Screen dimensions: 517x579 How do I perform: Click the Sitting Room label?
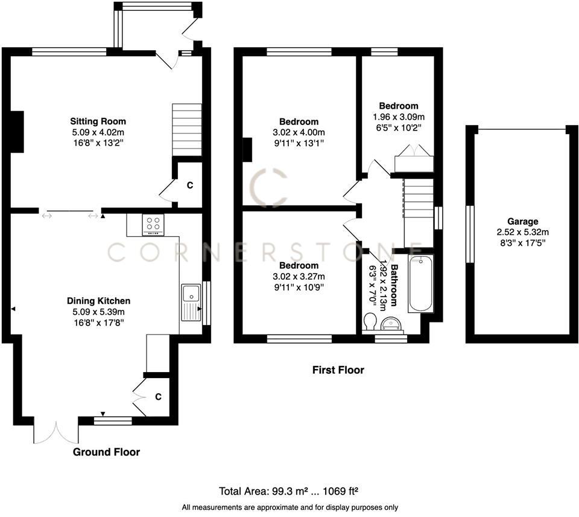click(x=98, y=121)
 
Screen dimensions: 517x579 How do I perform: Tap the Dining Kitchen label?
click(x=98, y=301)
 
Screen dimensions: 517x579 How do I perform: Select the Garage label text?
click(x=522, y=222)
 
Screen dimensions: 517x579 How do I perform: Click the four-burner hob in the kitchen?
click(x=153, y=225)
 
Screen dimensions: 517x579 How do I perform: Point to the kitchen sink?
click(x=192, y=294)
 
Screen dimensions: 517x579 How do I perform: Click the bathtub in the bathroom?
click(x=420, y=284)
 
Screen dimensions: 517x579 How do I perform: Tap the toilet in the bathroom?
click(x=370, y=321)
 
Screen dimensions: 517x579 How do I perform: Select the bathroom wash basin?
click(x=393, y=324)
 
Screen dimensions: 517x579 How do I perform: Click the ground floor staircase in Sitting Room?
click(x=187, y=130)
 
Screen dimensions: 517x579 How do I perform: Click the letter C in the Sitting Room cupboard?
click(x=189, y=185)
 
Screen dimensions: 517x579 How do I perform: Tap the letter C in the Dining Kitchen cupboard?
click(x=158, y=397)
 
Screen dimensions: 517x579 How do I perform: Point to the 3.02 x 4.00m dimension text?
click(x=299, y=132)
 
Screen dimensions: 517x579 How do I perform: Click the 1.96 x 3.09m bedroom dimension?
click(x=398, y=117)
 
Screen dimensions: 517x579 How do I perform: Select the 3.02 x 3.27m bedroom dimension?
click(x=299, y=277)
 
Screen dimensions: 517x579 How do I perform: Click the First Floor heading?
click(x=338, y=370)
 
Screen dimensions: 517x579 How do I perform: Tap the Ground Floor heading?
click(x=106, y=452)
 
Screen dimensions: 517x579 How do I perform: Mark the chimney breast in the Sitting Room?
click(x=17, y=132)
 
